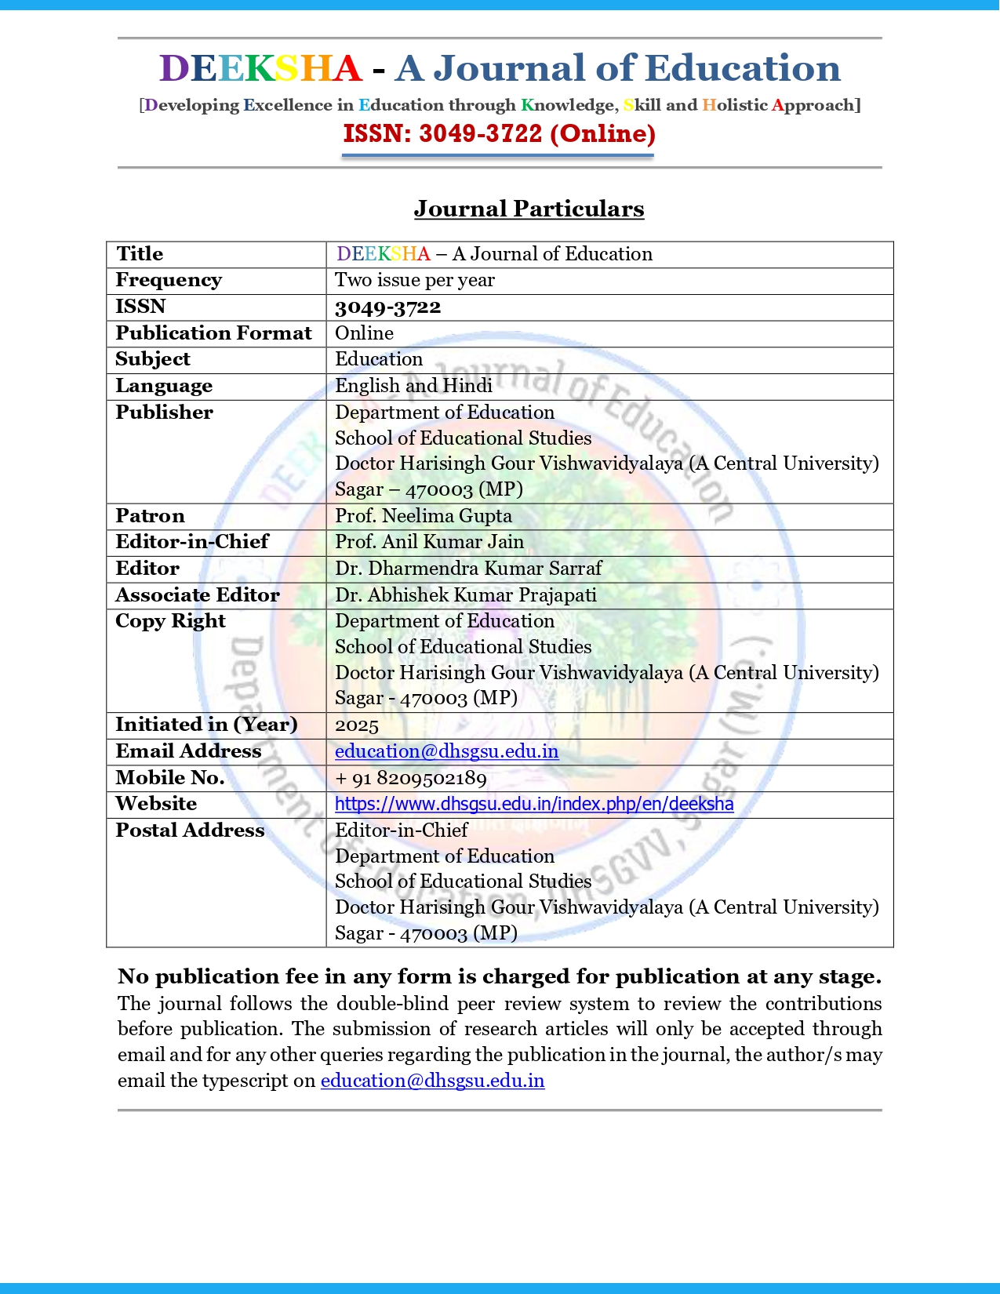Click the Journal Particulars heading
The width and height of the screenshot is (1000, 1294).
(529, 209)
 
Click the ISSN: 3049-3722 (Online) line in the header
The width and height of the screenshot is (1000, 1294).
(499, 133)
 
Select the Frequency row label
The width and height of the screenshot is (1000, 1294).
(169, 280)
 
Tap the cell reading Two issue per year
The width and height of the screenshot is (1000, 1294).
(414, 280)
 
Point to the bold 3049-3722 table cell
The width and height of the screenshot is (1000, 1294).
(387, 307)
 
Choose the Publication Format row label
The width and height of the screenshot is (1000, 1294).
(213, 333)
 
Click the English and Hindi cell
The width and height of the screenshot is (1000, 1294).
(413, 385)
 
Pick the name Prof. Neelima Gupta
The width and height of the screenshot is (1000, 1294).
(423, 516)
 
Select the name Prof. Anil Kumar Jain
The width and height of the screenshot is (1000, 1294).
(429, 542)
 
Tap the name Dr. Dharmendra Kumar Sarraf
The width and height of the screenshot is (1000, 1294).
(468, 569)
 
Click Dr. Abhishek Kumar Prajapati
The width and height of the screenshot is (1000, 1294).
(465, 595)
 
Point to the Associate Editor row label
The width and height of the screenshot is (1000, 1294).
(197, 595)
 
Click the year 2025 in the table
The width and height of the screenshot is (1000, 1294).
(356, 725)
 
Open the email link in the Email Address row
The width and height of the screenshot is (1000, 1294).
(446, 751)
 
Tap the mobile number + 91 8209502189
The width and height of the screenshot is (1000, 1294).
(410, 778)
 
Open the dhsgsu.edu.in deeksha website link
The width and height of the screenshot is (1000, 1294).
(534, 804)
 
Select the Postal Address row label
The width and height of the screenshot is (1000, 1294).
(190, 831)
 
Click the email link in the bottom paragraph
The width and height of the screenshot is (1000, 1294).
(432, 1081)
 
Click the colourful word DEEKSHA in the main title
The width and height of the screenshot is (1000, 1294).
(260, 68)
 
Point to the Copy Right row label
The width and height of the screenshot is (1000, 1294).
(170, 621)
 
